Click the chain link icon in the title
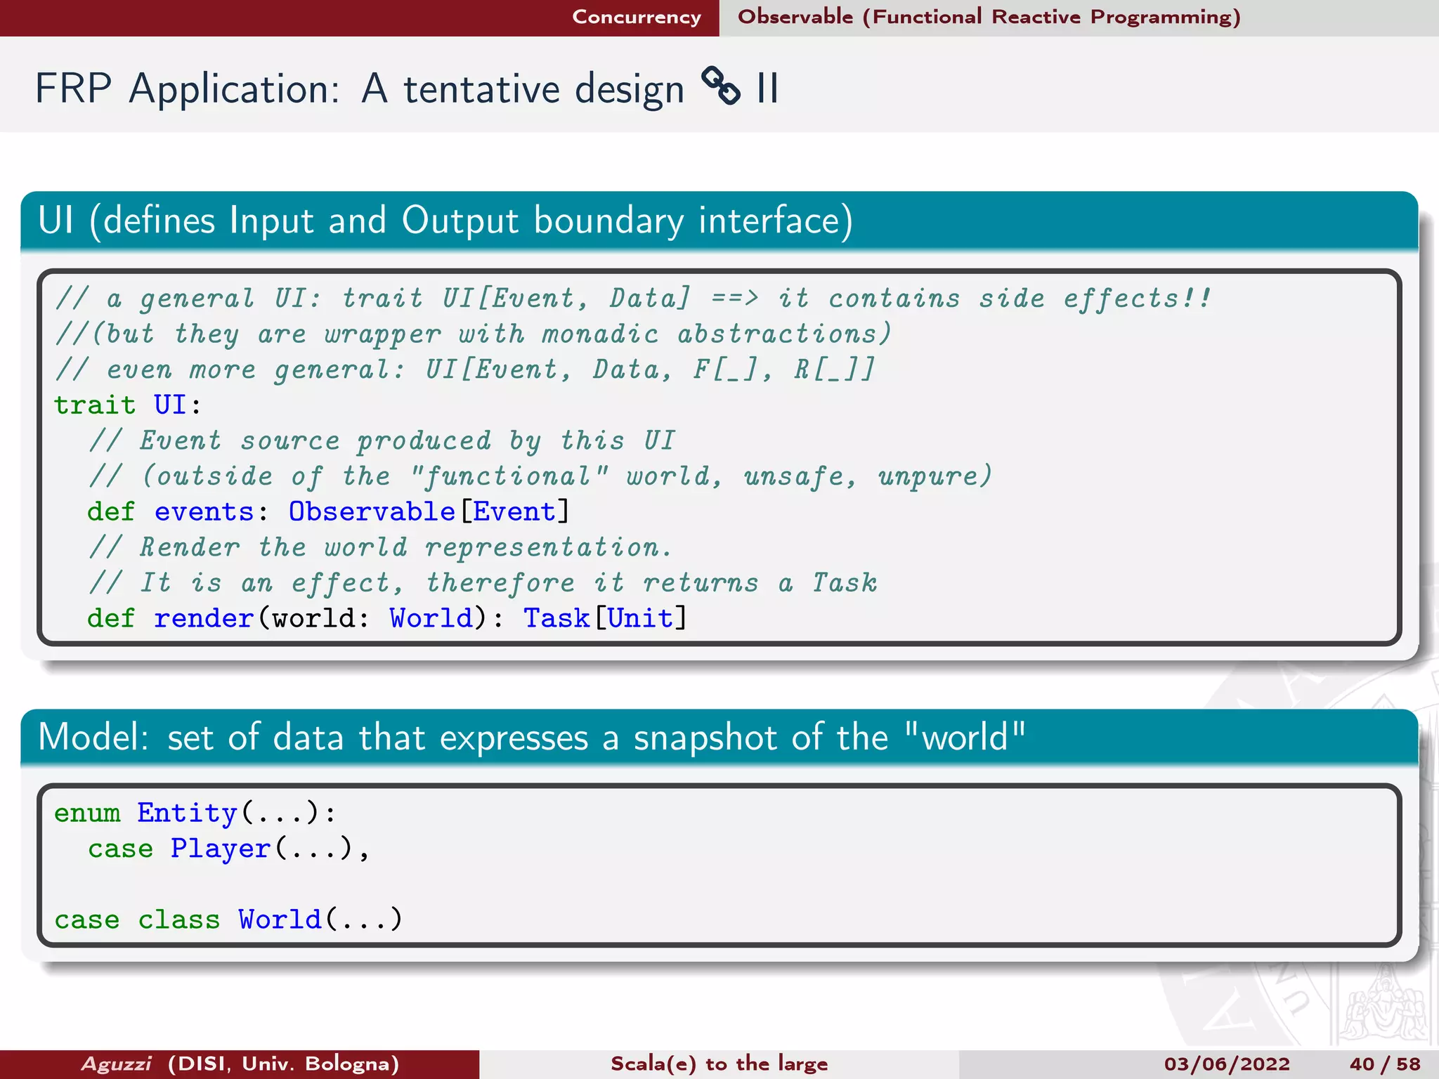pos(721,86)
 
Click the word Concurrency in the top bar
pos(636,17)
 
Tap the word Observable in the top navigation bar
pos(795,17)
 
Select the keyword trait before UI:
pos(95,405)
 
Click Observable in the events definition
pos(372,511)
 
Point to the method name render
pos(203,618)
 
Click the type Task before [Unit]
pos(556,618)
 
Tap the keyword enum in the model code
pos(87,813)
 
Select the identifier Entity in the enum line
pos(187,813)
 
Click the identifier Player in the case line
pos(221,849)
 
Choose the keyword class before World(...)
pos(178,920)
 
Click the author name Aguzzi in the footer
pos(117,1064)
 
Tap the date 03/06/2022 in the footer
pos(1227,1064)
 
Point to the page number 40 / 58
pos(1385,1064)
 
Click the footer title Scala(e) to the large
pos(719,1064)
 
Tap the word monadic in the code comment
pos(600,334)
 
